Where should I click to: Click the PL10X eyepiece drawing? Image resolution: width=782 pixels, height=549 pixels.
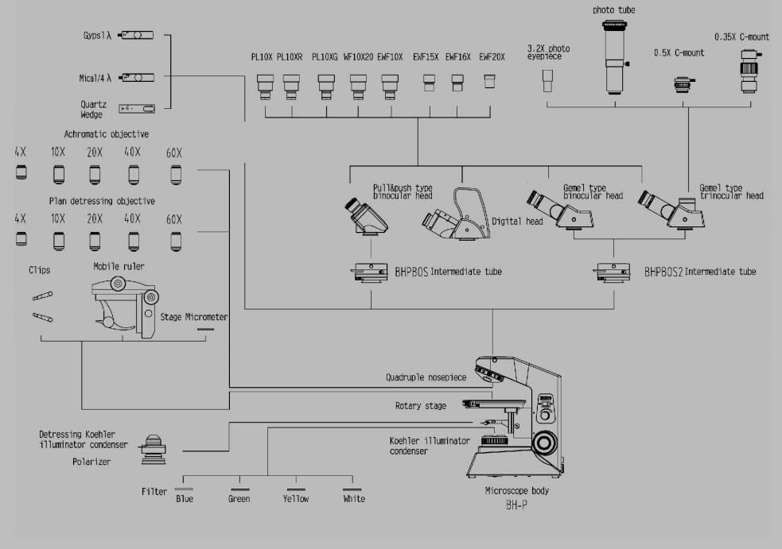(265, 85)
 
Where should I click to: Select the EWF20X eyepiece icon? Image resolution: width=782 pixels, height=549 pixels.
(490, 80)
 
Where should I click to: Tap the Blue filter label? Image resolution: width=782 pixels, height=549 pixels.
(184, 499)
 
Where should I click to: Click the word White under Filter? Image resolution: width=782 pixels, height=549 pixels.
(353, 499)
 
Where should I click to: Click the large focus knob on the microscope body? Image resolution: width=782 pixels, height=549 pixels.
(545, 441)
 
